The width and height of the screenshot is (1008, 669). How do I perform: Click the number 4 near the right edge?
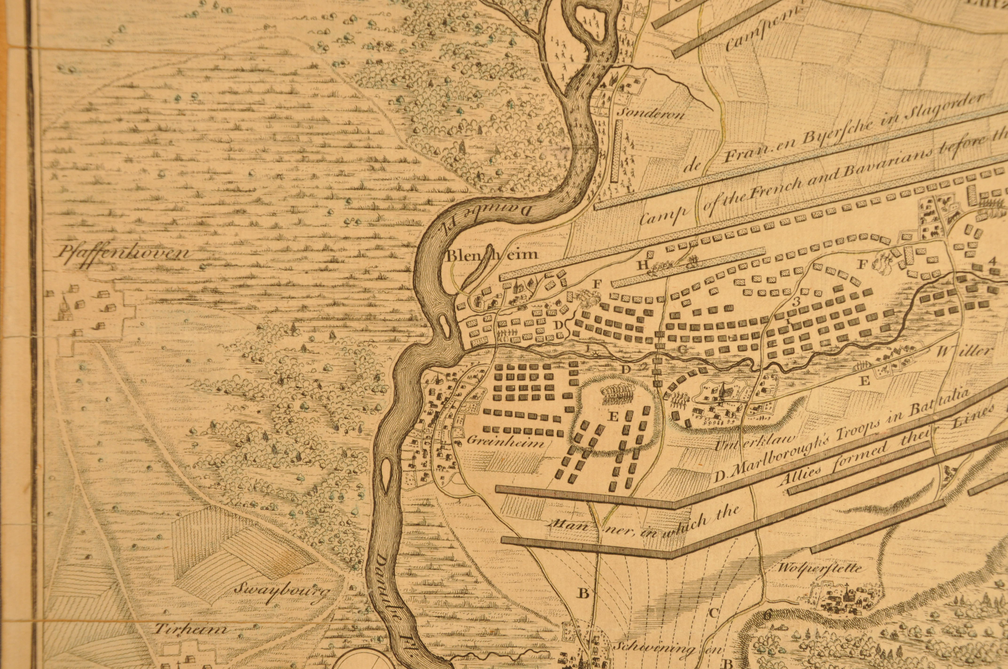click(x=992, y=261)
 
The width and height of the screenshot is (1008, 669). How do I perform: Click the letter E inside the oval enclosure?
click(x=613, y=417)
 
